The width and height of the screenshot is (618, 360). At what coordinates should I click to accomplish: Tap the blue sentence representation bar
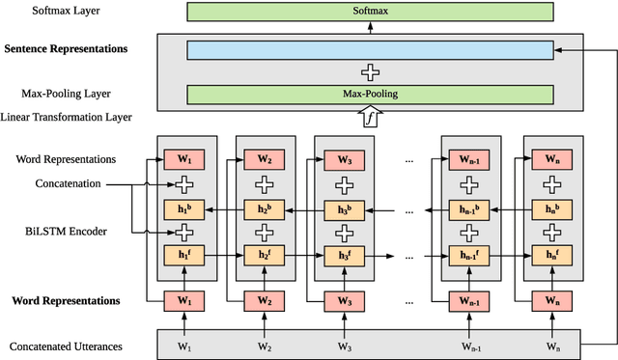click(x=371, y=49)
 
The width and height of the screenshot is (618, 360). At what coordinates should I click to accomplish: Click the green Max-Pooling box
click(x=371, y=95)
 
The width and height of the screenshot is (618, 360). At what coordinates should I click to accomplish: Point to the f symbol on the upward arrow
click(x=371, y=118)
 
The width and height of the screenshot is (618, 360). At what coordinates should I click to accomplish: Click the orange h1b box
click(x=183, y=208)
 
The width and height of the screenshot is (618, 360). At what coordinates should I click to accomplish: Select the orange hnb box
click(x=552, y=208)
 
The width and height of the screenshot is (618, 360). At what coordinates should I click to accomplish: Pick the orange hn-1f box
click(x=470, y=255)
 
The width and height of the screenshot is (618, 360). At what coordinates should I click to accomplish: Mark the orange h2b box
click(x=263, y=208)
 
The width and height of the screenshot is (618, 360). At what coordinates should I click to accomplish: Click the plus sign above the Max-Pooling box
click(x=371, y=71)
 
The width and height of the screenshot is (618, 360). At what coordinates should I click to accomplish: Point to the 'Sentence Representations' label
click(x=67, y=48)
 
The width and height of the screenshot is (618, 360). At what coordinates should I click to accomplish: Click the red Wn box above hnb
click(x=552, y=159)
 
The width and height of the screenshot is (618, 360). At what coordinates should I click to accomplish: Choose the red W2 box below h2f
click(x=263, y=301)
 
